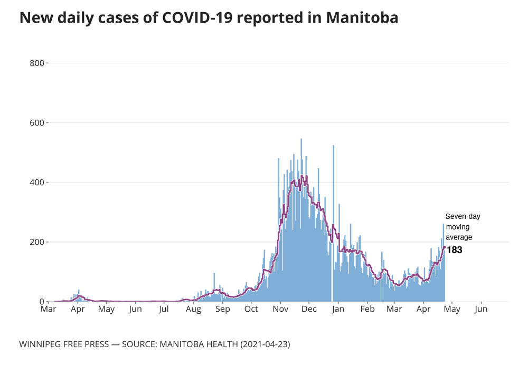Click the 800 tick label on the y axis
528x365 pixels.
37,63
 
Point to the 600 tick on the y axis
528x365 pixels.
37,123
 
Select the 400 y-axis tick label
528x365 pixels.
37,182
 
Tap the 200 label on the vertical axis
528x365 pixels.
37,242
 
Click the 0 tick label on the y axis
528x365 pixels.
41,302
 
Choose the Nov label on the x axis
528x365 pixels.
280,309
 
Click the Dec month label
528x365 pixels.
309,309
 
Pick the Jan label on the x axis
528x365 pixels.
338,309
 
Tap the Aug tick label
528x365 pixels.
193,309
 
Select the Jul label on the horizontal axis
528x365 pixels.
164,309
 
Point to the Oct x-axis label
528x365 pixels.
251,309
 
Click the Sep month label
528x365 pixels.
222,309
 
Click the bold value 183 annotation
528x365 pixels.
455,250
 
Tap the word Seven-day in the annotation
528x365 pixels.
463,216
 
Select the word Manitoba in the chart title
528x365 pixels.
362,18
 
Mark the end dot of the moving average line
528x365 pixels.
445,247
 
